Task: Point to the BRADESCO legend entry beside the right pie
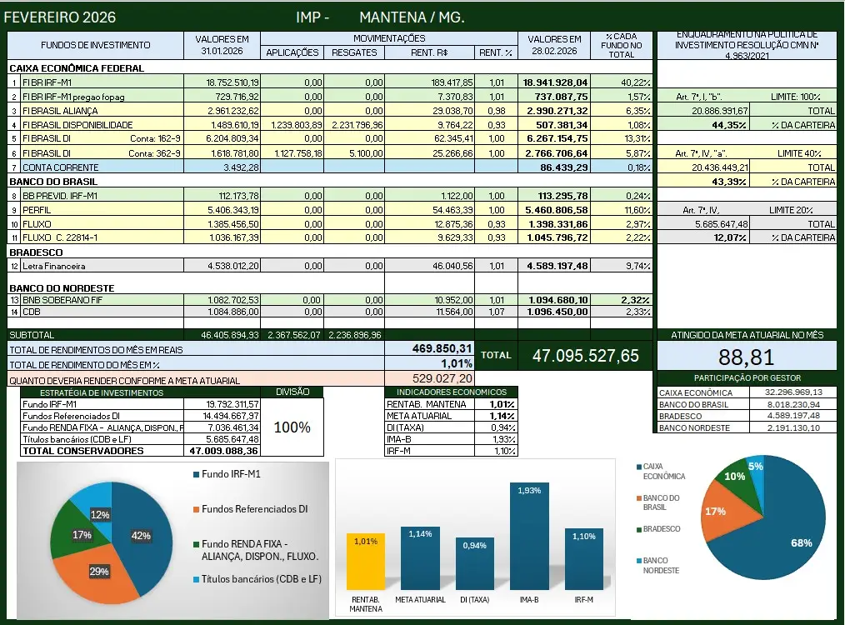pos(661,529)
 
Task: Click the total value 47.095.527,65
pos(585,356)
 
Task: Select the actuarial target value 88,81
pos(747,357)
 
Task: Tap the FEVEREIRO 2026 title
pos(60,17)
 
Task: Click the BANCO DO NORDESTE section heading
pos(61,287)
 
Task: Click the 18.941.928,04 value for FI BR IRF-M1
pos(555,82)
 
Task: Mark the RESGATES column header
pos(354,52)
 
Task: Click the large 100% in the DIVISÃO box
pos(292,427)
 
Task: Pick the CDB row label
pos(32,311)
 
